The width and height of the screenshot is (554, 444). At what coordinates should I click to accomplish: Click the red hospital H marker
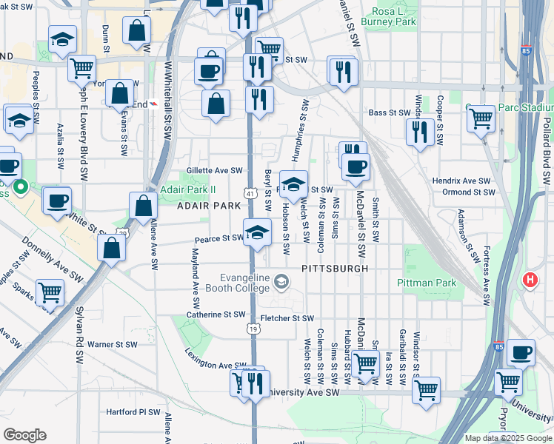coord(530,280)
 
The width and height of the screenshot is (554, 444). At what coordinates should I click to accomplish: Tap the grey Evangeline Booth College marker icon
coord(281,280)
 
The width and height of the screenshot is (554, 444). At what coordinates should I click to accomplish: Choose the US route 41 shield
coord(252,194)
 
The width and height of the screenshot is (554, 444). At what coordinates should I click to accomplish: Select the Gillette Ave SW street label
coord(215,171)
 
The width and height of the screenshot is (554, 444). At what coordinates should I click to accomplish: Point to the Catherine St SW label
coord(216,314)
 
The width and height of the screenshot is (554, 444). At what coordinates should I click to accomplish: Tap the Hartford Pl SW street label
coord(133,412)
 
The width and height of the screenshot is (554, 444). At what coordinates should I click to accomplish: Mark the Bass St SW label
coord(390,113)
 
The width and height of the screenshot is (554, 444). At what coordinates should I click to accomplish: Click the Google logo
coord(24,435)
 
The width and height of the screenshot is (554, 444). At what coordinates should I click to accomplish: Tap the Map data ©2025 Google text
coord(507,438)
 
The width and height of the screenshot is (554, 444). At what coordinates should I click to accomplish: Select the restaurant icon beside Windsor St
coord(420,132)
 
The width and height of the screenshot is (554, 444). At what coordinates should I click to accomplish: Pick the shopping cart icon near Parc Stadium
coord(481,117)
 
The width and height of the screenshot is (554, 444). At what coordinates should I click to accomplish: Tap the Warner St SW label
coord(113,344)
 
